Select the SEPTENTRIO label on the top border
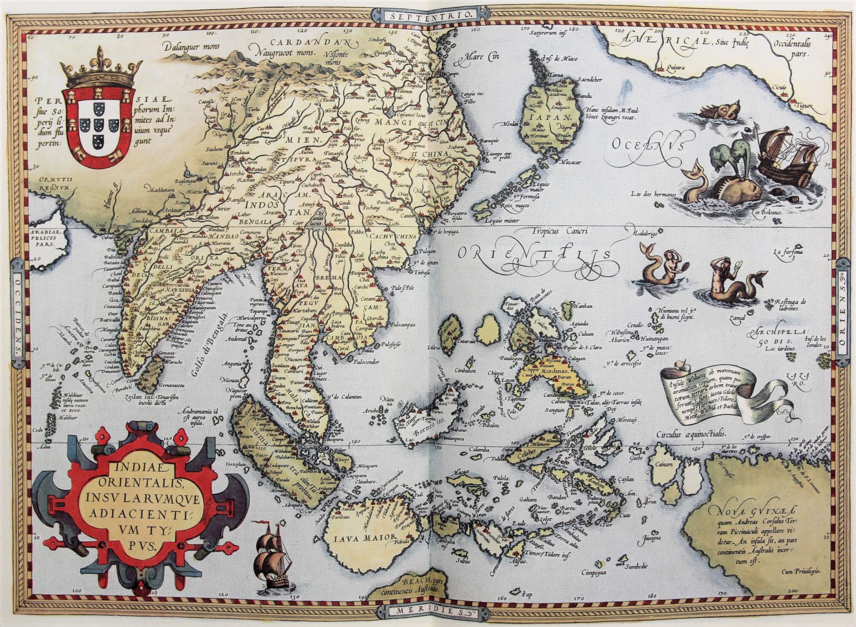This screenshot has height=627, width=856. [x=431, y=15]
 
